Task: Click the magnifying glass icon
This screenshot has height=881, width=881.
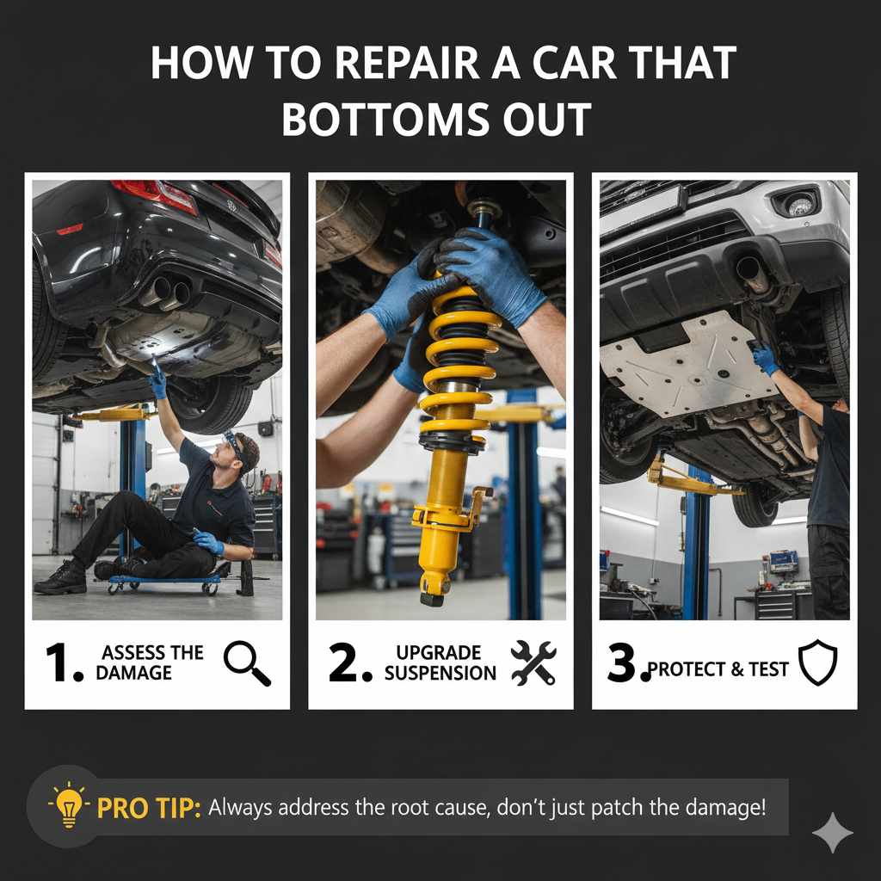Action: point(247,664)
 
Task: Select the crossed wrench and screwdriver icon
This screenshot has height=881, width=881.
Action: point(533,663)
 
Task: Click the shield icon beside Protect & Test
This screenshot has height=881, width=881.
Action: point(817,663)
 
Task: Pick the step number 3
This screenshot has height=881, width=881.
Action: point(626,663)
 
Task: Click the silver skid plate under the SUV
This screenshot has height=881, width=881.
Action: point(680,361)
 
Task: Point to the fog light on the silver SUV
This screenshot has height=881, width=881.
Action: point(799,205)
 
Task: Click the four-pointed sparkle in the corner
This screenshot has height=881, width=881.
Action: point(832,832)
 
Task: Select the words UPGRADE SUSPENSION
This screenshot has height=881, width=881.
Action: point(440,663)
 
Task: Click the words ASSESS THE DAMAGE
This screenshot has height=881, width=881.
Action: point(149,663)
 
